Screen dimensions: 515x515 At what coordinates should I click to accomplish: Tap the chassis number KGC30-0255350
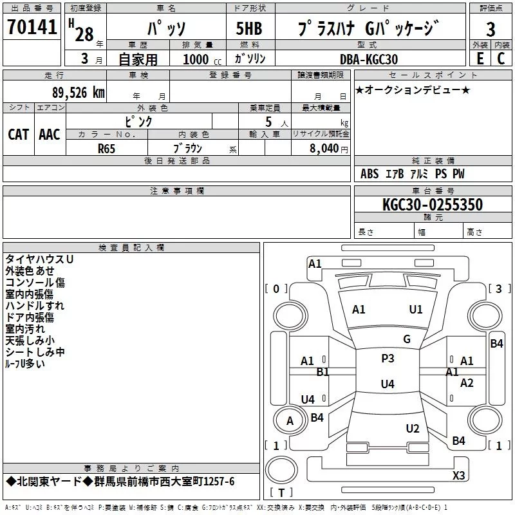point(433,205)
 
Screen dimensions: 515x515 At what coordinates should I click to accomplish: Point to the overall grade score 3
point(491,29)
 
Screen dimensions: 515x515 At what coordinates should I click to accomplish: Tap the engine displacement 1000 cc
point(200,60)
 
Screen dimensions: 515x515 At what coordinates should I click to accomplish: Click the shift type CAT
point(18,134)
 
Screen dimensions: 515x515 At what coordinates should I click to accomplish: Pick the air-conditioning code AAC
point(49,134)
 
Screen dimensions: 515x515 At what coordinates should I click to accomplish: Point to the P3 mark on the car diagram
point(388,359)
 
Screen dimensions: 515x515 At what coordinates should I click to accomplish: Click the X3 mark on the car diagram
point(458,475)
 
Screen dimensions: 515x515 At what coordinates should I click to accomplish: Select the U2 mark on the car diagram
point(413,429)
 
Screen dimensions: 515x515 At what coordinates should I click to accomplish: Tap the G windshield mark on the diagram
point(407,339)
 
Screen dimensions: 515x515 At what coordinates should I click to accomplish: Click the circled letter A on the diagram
point(290,421)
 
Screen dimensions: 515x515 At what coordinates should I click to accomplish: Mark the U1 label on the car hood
point(416,310)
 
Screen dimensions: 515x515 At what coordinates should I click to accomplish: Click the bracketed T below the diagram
point(281,493)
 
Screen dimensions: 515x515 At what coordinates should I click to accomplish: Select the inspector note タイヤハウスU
point(39,259)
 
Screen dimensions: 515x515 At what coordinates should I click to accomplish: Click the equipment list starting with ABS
point(412,174)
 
